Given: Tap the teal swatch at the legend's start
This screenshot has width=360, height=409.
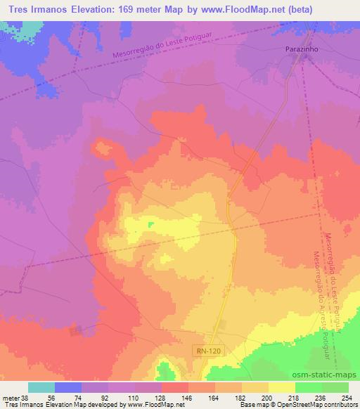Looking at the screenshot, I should pyautogui.click(x=41, y=387).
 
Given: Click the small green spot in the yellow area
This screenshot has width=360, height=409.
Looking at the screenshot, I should pyautogui.click(x=150, y=225).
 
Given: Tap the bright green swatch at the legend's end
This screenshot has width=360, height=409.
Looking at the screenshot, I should pyautogui.click(x=335, y=387).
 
